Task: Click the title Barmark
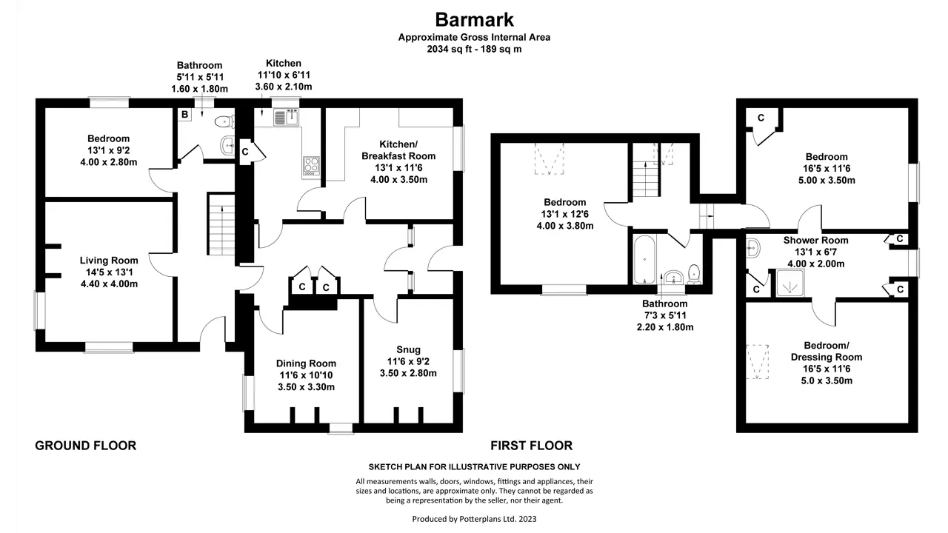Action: click(474, 19)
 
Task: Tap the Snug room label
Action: click(408, 349)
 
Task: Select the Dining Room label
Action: click(306, 363)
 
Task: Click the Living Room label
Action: click(109, 261)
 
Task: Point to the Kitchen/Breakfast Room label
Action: click(398, 150)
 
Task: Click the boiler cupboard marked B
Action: click(184, 114)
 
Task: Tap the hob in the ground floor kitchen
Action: click(311, 166)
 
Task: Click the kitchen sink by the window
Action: click(287, 117)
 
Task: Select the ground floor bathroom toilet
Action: click(224, 122)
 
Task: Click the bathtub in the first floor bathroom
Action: click(644, 260)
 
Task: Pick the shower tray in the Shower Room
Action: click(790, 283)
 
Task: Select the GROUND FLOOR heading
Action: click(85, 446)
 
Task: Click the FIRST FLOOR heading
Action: click(531, 446)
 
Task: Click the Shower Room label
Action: click(815, 241)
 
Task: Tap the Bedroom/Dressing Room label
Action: click(827, 351)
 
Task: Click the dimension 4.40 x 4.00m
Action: click(109, 284)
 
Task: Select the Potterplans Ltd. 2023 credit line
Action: click(475, 519)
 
